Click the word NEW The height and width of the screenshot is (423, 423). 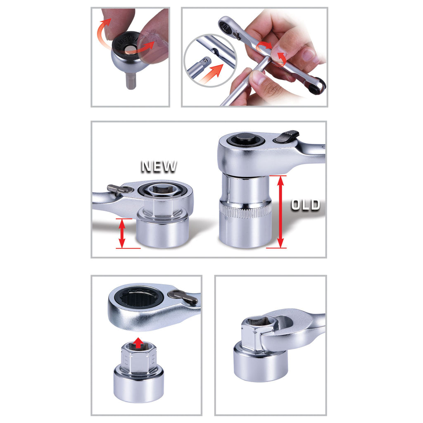(x=159, y=166)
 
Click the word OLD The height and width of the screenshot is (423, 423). (x=305, y=205)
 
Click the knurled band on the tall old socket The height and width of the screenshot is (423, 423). (x=245, y=211)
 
